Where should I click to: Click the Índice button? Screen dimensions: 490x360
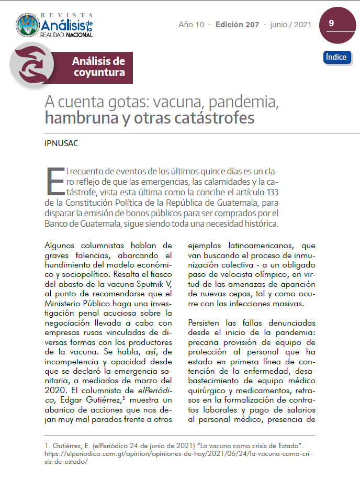pyautogui.click(x=336, y=57)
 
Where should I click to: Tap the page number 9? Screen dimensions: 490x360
pyautogui.click(x=331, y=24)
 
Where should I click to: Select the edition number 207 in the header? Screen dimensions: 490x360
pyautogui.click(x=251, y=25)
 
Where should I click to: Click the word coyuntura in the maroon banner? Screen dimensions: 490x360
pyautogui.click(x=99, y=73)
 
